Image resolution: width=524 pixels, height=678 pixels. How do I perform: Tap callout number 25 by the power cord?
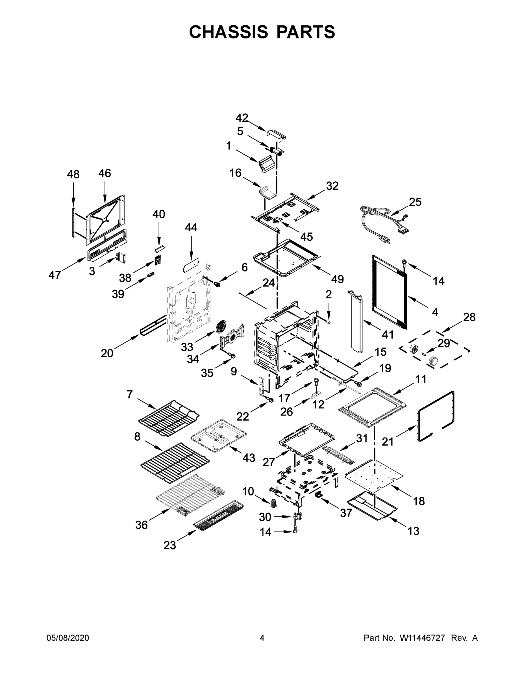point(415,202)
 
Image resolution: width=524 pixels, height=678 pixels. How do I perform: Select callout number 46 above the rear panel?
point(105,173)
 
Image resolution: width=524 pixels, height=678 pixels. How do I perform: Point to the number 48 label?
point(73,175)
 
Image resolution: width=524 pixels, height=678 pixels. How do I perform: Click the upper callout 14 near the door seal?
point(439,281)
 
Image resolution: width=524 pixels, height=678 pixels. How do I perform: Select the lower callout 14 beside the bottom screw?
point(266,532)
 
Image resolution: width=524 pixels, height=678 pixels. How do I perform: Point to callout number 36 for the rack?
point(142,525)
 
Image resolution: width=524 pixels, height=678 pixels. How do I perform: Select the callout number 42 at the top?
point(242,118)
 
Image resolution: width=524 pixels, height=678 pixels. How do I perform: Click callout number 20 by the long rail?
point(107,353)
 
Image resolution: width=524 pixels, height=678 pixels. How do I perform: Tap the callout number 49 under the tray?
point(338,279)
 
